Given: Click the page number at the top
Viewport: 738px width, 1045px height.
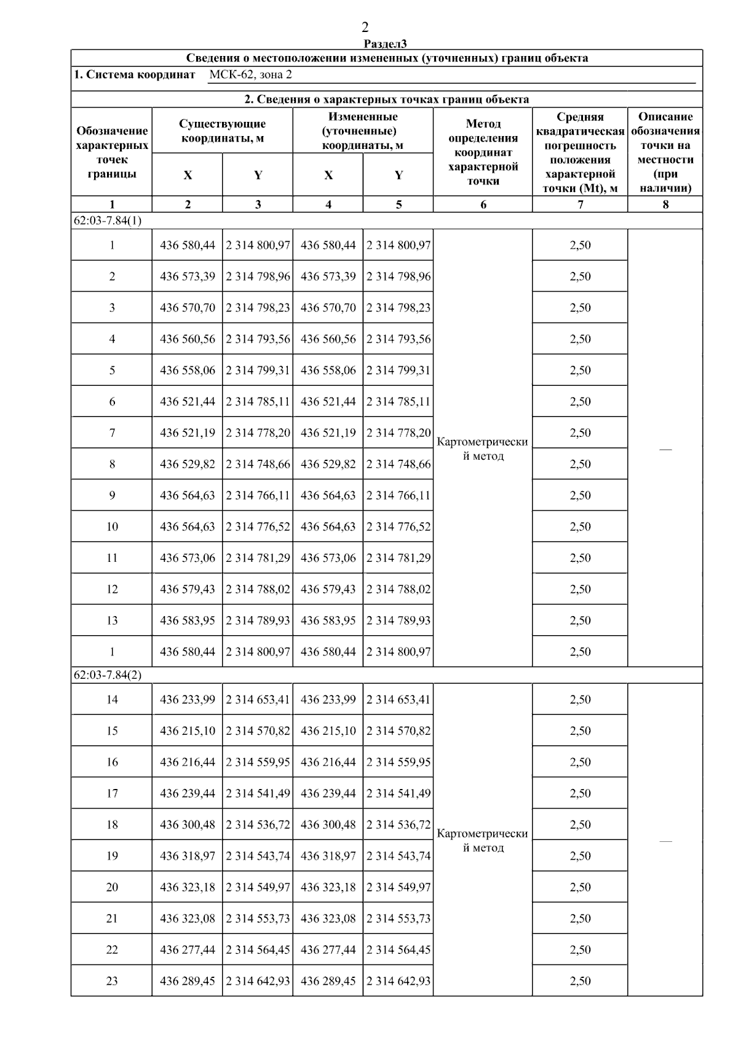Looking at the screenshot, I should (365, 26).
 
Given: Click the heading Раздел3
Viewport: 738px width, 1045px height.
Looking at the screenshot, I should (386, 43).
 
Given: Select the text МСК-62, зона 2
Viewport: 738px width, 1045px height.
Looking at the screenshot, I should (250, 75).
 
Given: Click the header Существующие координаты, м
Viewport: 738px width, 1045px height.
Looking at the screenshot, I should (222, 131).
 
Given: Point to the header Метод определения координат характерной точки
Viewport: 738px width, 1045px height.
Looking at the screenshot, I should (483, 152).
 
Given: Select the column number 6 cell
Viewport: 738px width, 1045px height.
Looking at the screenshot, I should (483, 204).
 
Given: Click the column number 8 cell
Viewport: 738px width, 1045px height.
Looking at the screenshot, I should (665, 204).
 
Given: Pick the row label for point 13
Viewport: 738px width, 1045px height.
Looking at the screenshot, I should (112, 620).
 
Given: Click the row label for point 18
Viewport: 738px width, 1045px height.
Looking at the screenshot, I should (112, 825).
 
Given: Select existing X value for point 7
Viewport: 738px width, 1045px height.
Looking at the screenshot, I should (188, 433).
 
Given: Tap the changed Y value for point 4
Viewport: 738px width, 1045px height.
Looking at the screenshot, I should (399, 339).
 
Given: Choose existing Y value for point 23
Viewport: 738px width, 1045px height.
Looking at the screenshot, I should (258, 981).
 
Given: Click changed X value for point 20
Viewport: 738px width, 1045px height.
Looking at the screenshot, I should (328, 887).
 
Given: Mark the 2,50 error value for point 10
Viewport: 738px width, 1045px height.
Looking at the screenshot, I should (580, 527).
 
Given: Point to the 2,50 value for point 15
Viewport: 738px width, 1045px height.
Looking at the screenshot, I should (580, 731).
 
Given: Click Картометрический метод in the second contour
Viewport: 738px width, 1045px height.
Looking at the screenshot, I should (483, 841).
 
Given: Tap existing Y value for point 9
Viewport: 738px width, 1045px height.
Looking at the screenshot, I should (258, 495).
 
